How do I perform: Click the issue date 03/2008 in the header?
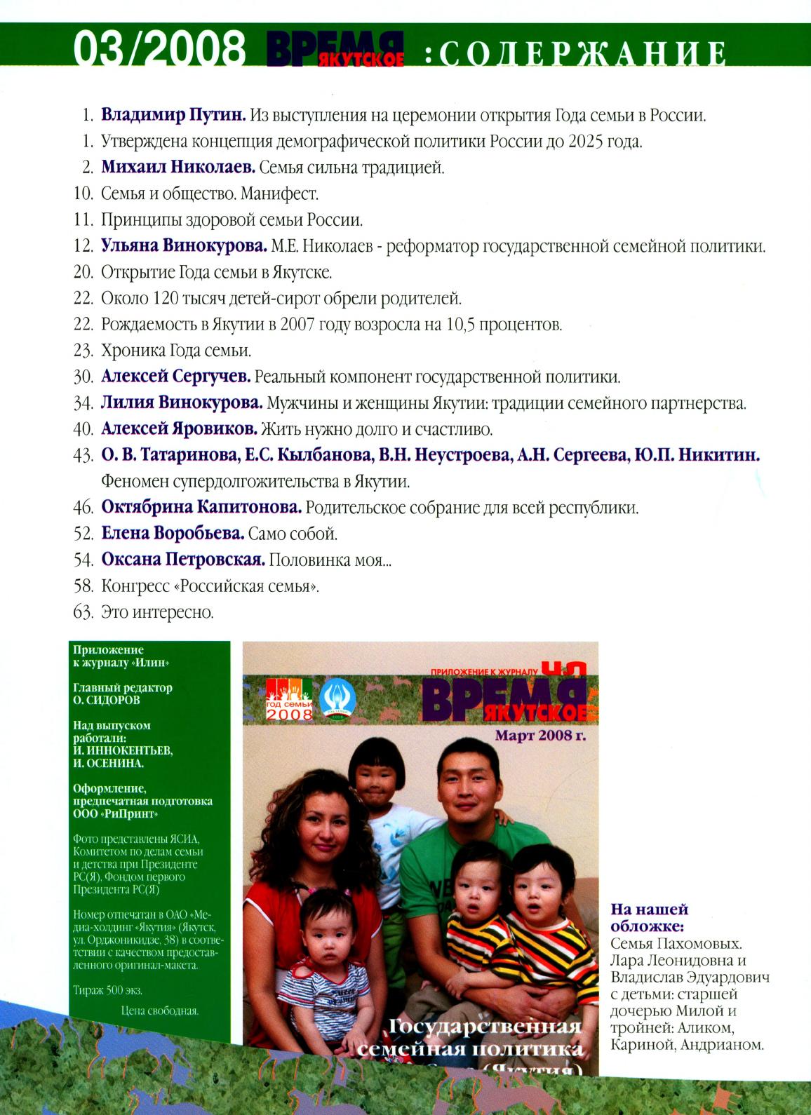(x=159, y=50)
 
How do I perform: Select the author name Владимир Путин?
(x=173, y=115)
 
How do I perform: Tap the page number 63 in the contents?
(x=83, y=612)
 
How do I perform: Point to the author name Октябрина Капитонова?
(x=201, y=507)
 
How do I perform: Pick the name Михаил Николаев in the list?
(x=177, y=168)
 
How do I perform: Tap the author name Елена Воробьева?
(x=173, y=534)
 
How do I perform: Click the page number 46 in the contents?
(x=83, y=507)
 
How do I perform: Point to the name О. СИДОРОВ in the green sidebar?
(x=107, y=700)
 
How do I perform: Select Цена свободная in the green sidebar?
(x=159, y=1011)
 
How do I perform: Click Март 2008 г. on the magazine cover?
(x=540, y=736)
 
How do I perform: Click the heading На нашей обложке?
(x=649, y=918)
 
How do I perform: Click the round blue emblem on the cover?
(x=337, y=699)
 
